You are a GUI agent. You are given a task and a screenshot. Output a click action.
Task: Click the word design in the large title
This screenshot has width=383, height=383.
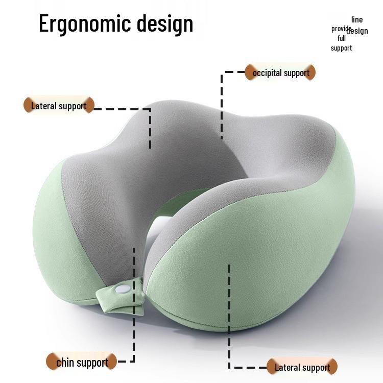pos(165,23)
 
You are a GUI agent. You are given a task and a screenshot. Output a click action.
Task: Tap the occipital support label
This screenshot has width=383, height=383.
pos(280,73)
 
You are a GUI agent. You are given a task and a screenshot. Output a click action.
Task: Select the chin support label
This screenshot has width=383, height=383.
pos(81,362)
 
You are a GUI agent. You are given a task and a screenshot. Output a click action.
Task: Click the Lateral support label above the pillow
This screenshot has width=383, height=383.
pos(59,106)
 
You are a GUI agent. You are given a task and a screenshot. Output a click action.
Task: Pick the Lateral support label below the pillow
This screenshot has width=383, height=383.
pos(302,367)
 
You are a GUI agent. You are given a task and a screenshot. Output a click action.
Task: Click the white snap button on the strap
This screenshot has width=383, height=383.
pos(123,290)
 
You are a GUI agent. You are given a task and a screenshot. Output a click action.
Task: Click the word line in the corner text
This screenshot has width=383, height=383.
pos(357,19)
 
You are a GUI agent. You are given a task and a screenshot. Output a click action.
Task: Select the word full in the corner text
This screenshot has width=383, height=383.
pos(342,38)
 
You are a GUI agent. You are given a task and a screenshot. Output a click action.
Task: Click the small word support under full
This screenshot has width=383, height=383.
pos(341,48)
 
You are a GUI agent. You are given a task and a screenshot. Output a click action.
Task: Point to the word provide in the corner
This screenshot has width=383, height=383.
pos(341,29)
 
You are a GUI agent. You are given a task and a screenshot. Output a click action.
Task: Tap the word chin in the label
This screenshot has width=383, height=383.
pos(65,362)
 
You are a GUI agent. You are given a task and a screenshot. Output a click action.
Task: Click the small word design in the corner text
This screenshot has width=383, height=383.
pos(357,31)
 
